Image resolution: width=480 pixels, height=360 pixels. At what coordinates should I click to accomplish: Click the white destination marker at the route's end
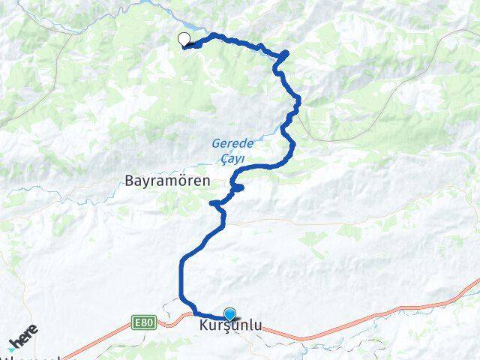pyautogui.click(x=184, y=39)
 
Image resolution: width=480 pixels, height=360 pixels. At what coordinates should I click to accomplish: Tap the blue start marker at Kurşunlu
pyautogui.click(x=229, y=314)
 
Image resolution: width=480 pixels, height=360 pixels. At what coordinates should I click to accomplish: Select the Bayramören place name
pyautogui.click(x=167, y=181)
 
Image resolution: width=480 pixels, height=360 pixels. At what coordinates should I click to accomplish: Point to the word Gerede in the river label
pyautogui.click(x=228, y=142)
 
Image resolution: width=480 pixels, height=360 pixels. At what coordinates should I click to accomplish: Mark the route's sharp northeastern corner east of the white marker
pyautogui.click(x=286, y=53)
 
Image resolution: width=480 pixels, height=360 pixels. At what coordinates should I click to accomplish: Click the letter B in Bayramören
pyautogui.click(x=130, y=181)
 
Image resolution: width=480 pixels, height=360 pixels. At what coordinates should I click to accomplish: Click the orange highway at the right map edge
pyautogui.click(x=472, y=283)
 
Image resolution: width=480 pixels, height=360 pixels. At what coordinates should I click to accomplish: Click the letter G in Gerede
pyautogui.click(x=215, y=142)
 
